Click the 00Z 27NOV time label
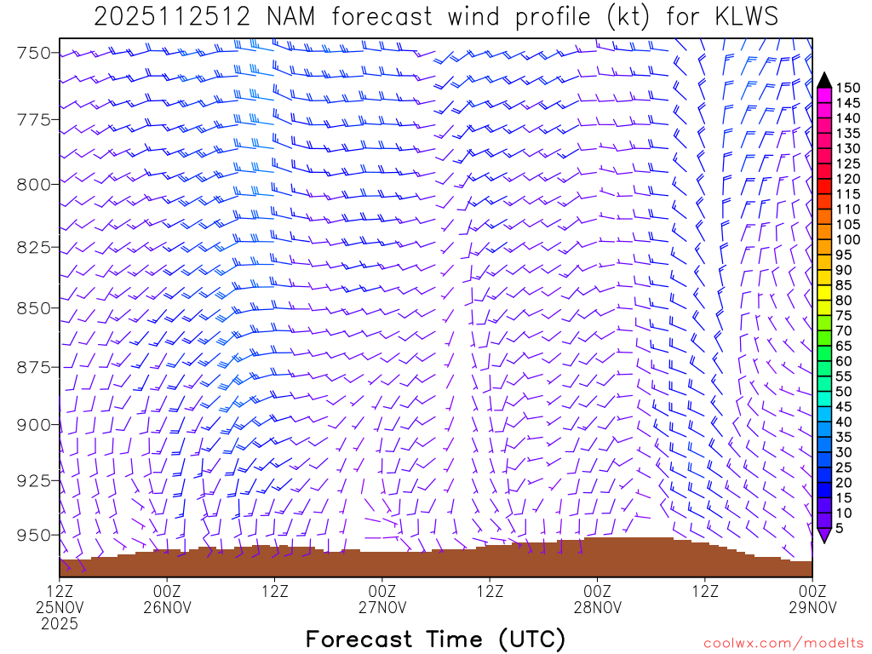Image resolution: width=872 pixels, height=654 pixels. click(x=381, y=600)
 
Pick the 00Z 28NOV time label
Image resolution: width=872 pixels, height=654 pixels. click(x=597, y=600)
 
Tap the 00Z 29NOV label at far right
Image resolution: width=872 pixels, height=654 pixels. click(x=812, y=600)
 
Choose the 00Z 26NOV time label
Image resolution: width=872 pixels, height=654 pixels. click(x=167, y=600)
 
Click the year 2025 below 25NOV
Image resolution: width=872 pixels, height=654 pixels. click(x=60, y=624)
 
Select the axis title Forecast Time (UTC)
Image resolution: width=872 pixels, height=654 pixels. click(x=435, y=639)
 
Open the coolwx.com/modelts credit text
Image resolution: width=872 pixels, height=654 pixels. click(x=783, y=642)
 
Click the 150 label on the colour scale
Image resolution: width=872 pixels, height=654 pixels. click(x=848, y=88)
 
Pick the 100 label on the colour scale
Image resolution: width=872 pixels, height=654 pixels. click(x=848, y=239)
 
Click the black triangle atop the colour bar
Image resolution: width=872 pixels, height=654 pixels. click(x=824, y=80)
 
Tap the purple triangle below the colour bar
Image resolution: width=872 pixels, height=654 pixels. click(x=824, y=535)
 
